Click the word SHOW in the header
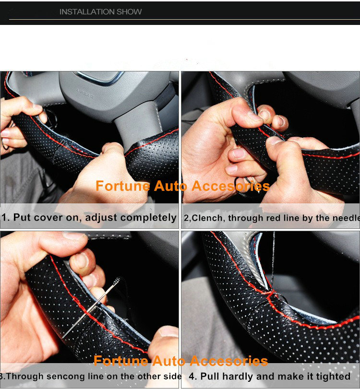(131, 12)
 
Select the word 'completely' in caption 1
(148, 218)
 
